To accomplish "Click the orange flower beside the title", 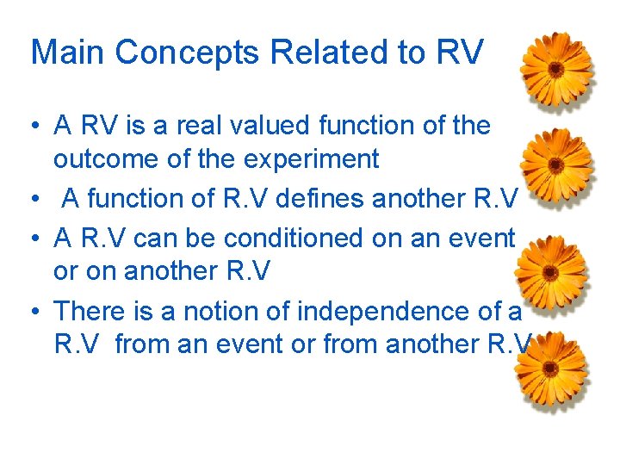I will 557,69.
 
